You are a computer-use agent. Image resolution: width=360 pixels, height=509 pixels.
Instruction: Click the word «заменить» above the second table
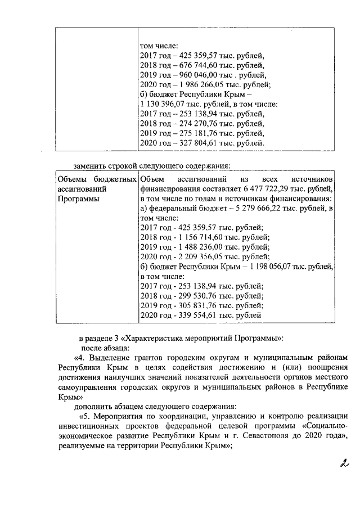(91, 166)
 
